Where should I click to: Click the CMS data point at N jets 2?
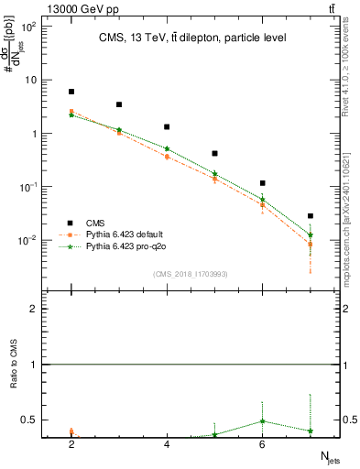pos(71,92)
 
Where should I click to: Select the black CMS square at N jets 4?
pos(167,127)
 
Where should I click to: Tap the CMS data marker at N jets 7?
pos(311,216)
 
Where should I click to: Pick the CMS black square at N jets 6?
pos(263,183)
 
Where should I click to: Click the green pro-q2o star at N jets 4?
pos(167,148)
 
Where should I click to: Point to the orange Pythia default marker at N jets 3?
pos(119,134)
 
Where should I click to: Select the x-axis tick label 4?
pos(167,443)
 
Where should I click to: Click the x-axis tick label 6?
pos(263,443)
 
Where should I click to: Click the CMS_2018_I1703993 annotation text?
pos(191,274)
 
